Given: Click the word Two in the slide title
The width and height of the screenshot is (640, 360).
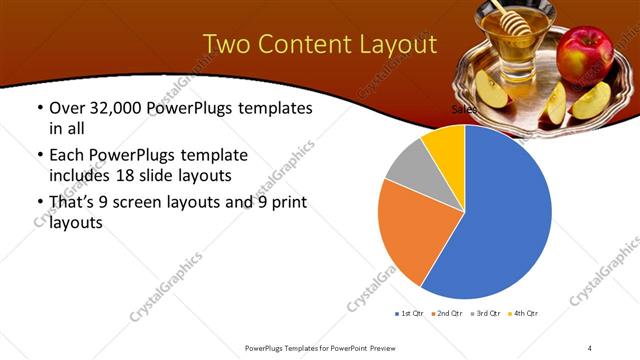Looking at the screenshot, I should pos(228,45).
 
